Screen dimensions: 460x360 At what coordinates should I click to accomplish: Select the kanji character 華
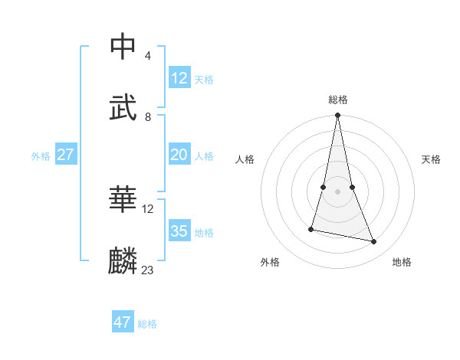(123, 199)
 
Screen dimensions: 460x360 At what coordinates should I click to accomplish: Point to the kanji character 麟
(123, 261)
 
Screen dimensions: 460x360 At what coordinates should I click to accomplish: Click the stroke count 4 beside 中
(148, 56)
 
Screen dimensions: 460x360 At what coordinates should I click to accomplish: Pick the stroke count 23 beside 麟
(148, 270)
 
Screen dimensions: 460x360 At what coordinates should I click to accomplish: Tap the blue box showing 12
(179, 78)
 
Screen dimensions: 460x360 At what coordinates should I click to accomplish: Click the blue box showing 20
(179, 155)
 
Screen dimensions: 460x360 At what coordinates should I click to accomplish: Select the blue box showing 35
(179, 231)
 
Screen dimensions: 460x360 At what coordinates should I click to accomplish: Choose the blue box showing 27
(65, 155)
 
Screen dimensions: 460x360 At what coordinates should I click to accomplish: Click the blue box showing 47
(123, 322)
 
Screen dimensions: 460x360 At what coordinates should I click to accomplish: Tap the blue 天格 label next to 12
(204, 80)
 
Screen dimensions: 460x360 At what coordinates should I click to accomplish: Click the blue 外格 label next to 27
(41, 156)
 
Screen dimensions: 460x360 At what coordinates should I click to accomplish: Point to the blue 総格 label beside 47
(147, 324)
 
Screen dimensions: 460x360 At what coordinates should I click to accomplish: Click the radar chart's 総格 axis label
(338, 100)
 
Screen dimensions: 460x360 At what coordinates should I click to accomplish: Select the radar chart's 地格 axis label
(402, 262)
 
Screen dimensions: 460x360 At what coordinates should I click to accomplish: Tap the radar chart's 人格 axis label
(245, 159)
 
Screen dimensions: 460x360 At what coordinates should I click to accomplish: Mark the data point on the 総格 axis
(338, 116)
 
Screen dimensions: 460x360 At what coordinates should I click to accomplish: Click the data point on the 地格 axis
(374, 242)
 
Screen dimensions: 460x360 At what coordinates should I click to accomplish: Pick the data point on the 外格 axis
(311, 228)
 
